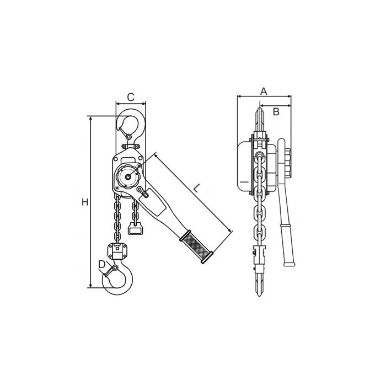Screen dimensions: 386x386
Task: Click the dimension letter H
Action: point(85,202)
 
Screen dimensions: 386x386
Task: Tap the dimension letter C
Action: point(131,97)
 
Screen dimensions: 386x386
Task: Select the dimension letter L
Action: point(196,189)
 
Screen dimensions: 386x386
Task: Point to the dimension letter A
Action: point(264,92)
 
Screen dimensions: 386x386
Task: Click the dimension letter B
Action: point(276,111)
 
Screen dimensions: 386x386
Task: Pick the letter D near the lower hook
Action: point(101,264)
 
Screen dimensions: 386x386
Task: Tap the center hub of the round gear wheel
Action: point(128,176)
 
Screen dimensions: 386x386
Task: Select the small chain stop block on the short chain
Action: point(135,228)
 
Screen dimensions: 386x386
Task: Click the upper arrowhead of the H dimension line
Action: point(91,119)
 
